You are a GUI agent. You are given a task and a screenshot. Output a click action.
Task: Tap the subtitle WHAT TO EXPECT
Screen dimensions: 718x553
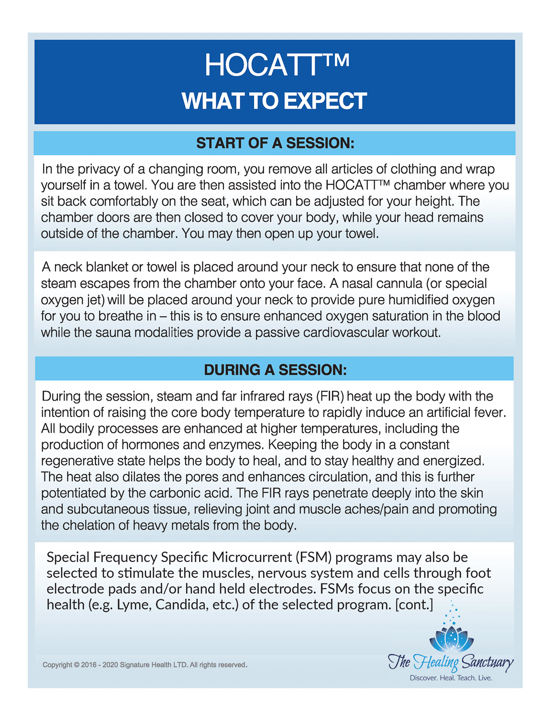tap(275, 101)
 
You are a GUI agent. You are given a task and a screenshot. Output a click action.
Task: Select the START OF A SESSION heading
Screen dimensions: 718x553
tap(275, 143)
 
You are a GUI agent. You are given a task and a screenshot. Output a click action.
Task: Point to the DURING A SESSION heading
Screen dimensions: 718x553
tap(275, 370)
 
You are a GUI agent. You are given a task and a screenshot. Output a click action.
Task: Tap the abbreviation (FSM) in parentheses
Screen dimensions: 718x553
tap(313, 557)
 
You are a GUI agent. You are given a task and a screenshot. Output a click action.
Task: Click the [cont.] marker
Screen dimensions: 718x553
tap(414, 605)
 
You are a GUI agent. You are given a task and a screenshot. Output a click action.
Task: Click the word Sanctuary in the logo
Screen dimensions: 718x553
tap(487, 662)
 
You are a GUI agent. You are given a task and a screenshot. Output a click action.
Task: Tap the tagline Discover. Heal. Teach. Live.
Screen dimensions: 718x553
tap(451, 678)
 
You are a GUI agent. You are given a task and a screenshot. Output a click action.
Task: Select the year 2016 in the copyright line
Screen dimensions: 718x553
tap(88, 665)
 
